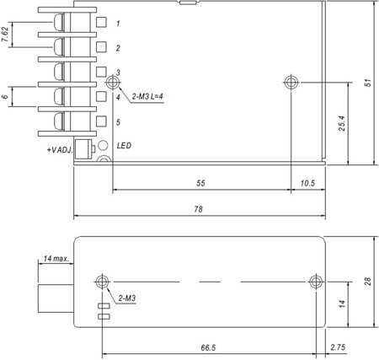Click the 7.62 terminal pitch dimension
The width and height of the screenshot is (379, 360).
5,35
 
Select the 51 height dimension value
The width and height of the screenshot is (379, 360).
367,83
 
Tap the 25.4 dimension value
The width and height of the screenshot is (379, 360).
342,123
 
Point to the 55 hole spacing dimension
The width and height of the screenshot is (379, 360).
200,183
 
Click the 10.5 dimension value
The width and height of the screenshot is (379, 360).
307,183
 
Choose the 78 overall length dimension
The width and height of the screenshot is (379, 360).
198,209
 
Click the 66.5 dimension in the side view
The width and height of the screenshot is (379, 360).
208,348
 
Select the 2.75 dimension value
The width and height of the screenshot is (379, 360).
338,347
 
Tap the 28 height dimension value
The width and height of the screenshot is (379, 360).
367,282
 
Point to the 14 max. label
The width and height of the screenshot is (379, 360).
56,259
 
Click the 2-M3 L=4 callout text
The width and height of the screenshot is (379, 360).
147,97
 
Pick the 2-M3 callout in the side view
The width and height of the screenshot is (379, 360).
127,298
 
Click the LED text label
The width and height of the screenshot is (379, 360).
124,146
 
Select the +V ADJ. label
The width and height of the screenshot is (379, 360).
60,150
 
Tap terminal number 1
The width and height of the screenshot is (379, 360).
118,24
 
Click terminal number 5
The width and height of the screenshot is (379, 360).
118,122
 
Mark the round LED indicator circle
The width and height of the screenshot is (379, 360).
103,145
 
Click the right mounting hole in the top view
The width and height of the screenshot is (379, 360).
291,83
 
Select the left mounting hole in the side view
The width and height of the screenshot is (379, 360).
102,282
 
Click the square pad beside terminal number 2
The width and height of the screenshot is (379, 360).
101,47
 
